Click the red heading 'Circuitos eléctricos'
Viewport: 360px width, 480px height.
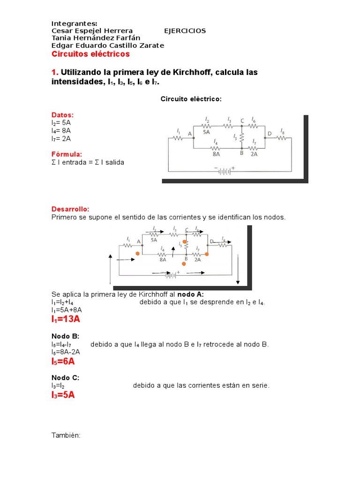click(x=90, y=54)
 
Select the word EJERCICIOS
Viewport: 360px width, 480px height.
click(x=185, y=31)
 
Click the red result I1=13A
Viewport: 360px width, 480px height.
click(x=66, y=319)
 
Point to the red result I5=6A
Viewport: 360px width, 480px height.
click(x=63, y=361)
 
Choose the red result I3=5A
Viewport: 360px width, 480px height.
click(x=63, y=395)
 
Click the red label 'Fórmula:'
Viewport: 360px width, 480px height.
click(x=67, y=154)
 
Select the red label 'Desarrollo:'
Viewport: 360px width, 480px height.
click(x=70, y=209)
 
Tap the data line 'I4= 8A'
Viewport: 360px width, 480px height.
click(x=61, y=131)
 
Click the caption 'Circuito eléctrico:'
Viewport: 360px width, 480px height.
click(x=191, y=99)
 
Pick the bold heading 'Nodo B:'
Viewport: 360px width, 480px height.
click(x=65, y=336)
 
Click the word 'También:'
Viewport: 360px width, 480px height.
click(x=66, y=435)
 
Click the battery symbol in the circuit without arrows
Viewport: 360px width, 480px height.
click(x=224, y=171)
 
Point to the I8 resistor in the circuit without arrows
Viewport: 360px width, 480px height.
click(x=282, y=138)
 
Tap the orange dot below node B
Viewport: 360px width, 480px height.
click(x=184, y=264)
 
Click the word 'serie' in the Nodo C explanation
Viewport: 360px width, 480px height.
click(x=259, y=385)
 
